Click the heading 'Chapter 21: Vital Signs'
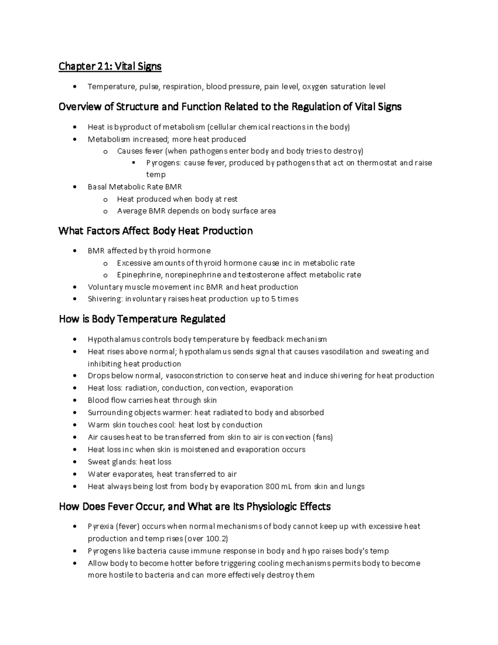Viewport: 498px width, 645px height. pyautogui.click(x=110, y=66)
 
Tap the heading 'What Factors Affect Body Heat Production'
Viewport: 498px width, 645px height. pyautogui.click(x=156, y=231)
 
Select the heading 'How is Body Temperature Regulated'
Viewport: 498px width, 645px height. pyautogui.click(x=142, y=319)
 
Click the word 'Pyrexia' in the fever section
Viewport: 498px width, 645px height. pyautogui.click(x=100, y=527)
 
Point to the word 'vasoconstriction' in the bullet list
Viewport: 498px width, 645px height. pyautogui.click(x=194, y=376)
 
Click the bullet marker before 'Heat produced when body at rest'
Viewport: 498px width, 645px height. pyautogui.click(x=105, y=200)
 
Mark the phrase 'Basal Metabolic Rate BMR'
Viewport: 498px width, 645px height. pyautogui.click(x=135, y=187)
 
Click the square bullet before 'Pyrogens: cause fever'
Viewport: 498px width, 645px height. pyautogui.click(x=134, y=163)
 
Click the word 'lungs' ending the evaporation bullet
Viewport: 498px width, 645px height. pyautogui.click(x=355, y=486)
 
